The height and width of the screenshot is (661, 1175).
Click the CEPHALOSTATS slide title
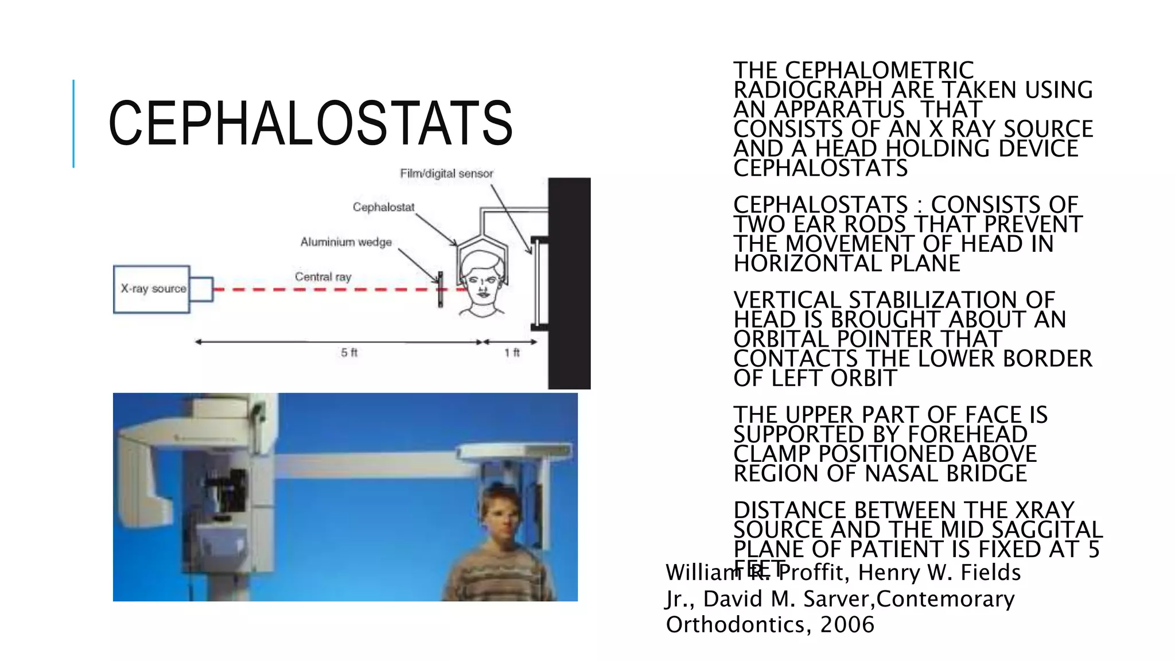click(310, 123)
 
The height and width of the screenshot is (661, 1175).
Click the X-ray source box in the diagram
click(152, 289)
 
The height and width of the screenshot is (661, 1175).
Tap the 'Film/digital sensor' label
click(446, 173)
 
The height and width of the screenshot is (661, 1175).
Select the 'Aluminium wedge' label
click(346, 242)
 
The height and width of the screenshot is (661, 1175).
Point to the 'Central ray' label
click(323, 277)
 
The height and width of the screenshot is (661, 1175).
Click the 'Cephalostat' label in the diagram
click(383, 207)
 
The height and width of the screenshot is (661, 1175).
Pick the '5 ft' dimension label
click(349, 352)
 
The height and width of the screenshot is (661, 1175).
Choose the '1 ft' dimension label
click(512, 352)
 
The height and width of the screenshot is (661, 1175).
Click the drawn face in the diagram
click(482, 285)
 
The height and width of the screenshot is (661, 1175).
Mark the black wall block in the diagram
click(569, 283)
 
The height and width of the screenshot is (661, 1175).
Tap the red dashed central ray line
click(321, 290)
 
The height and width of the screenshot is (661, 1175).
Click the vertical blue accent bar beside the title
click(73, 123)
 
